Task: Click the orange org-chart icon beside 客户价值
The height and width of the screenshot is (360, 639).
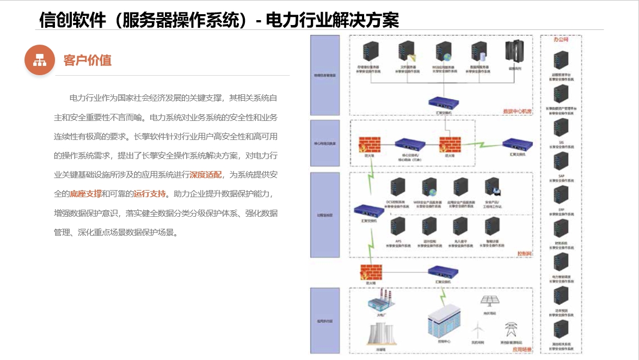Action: tap(40, 60)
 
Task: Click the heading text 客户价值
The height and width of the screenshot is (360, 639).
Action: tap(87, 60)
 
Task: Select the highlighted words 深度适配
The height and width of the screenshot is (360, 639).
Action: tap(206, 175)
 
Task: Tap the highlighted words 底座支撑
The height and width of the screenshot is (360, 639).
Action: tap(86, 193)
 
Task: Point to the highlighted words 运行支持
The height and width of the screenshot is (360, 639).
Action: tap(150, 193)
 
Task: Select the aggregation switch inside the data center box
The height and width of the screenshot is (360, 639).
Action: tap(444, 102)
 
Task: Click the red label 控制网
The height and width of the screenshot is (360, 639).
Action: tap(524, 254)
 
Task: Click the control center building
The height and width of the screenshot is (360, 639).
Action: tap(443, 324)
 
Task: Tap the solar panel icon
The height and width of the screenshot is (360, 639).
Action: tap(488, 301)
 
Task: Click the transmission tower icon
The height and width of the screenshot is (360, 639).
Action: tap(510, 330)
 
